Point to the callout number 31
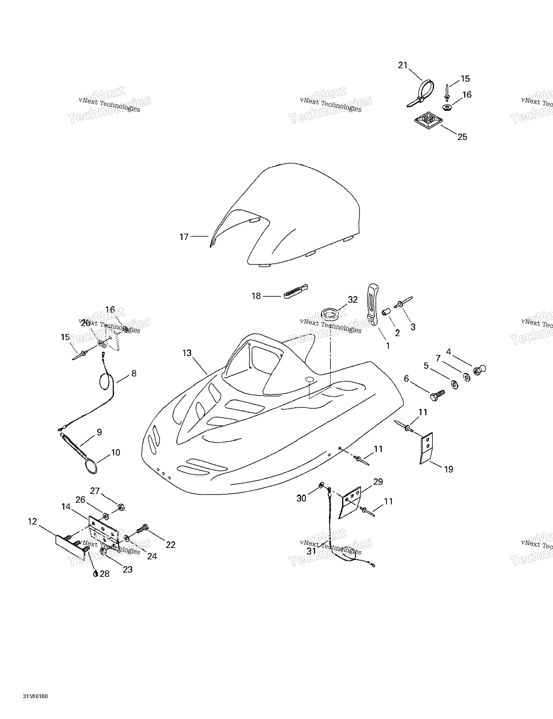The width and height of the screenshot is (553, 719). (311, 551)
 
